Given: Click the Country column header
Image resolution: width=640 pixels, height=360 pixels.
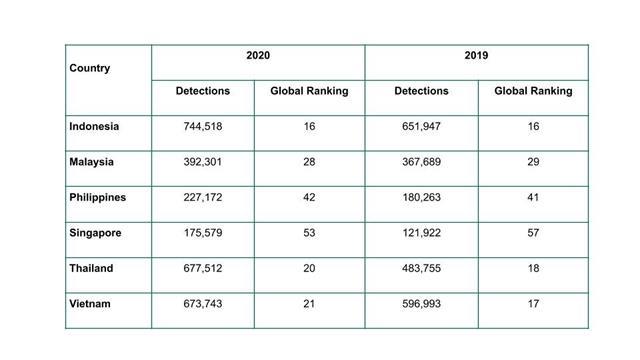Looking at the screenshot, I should (x=90, y=68).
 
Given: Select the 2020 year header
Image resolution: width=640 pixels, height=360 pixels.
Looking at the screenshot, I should (x=258, y=57).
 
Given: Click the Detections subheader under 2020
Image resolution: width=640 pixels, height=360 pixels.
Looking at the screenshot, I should (x=202, y=91).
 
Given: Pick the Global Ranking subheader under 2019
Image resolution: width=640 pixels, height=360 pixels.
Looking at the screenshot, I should (x=533, y=91).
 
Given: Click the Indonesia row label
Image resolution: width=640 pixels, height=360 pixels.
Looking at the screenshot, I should (x=97, y=126).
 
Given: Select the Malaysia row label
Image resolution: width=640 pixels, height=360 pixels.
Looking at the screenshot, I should (x=92, y=161).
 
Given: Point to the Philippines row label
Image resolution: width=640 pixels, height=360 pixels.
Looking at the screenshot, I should (x=97, y=197).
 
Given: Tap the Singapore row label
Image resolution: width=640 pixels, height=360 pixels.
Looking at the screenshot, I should (x=96, y=233).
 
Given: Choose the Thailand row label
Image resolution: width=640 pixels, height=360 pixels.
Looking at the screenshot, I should (x=92, y=268).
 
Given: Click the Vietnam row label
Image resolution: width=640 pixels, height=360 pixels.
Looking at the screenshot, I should (x=91, y=304).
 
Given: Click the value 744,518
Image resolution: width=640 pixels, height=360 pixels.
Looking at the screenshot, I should (x=202, y=126).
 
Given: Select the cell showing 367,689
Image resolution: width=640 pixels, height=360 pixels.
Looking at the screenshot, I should (x=421, y=161).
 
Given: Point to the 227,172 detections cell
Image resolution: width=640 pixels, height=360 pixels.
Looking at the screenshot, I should (x=202, y=197).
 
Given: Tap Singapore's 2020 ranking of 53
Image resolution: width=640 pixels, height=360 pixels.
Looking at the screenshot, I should (x=309, y=233).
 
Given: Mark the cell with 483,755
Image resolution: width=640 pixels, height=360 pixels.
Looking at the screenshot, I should (x=421, y=268).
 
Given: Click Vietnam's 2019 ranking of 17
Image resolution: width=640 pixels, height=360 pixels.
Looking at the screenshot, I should (x=533, y=304).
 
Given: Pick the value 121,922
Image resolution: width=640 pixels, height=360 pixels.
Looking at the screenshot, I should (x=421, y=233).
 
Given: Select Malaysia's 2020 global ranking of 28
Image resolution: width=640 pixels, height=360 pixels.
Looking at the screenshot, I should (x=309, y=161).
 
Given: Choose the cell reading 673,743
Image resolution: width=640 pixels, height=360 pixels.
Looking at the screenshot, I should (x=202, y=304).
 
